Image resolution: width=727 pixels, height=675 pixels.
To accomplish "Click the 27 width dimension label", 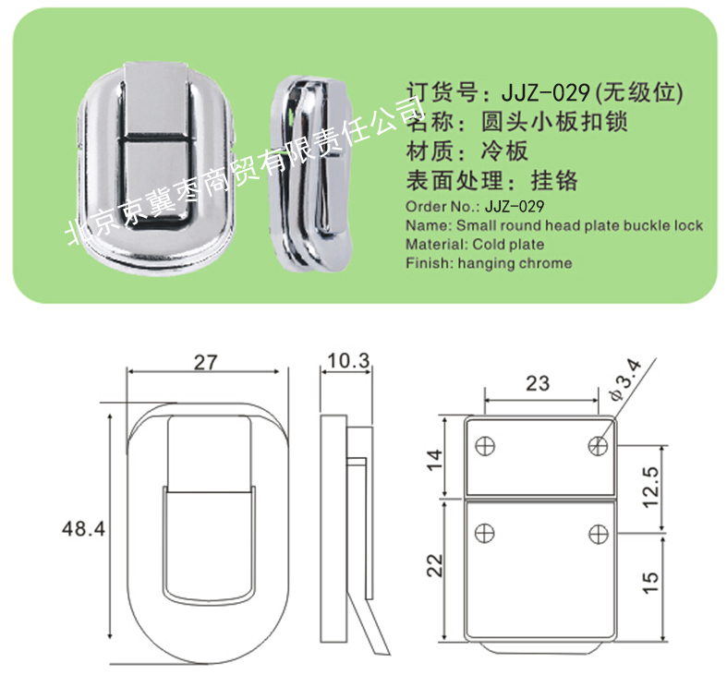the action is coord(205,362).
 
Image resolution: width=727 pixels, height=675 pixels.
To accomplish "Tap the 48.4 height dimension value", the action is coord(84,528).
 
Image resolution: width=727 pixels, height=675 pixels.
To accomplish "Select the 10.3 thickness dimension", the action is coord(348,361).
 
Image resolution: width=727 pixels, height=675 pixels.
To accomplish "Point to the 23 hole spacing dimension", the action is coord(538,383).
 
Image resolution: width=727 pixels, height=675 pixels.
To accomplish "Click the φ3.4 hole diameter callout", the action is coord(626,380).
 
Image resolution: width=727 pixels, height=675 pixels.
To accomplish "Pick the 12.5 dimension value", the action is coord(651,487).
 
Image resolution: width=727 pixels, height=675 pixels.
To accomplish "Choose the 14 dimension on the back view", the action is coord(435,460).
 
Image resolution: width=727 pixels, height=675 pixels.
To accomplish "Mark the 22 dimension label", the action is coord(435,565).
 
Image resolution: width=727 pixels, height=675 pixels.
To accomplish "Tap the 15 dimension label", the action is coord(651,583).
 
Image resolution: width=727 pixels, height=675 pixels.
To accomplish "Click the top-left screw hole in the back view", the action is coord(485,446).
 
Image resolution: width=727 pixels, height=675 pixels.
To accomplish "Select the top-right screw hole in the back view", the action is coord(598,446).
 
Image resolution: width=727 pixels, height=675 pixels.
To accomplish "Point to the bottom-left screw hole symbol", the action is coord(485,533).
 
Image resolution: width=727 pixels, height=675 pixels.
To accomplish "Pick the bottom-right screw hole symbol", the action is coord(598,534).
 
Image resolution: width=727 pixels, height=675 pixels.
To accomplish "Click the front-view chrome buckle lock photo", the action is coord(156,168).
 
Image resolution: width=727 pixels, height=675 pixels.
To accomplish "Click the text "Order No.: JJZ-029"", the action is coord(475,206).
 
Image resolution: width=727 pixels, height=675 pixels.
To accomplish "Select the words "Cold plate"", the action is coord(508,245).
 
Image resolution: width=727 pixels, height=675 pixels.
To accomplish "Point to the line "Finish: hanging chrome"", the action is coord(489,263).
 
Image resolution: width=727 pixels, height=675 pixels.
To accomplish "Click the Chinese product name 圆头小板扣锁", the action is coord(554,122).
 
